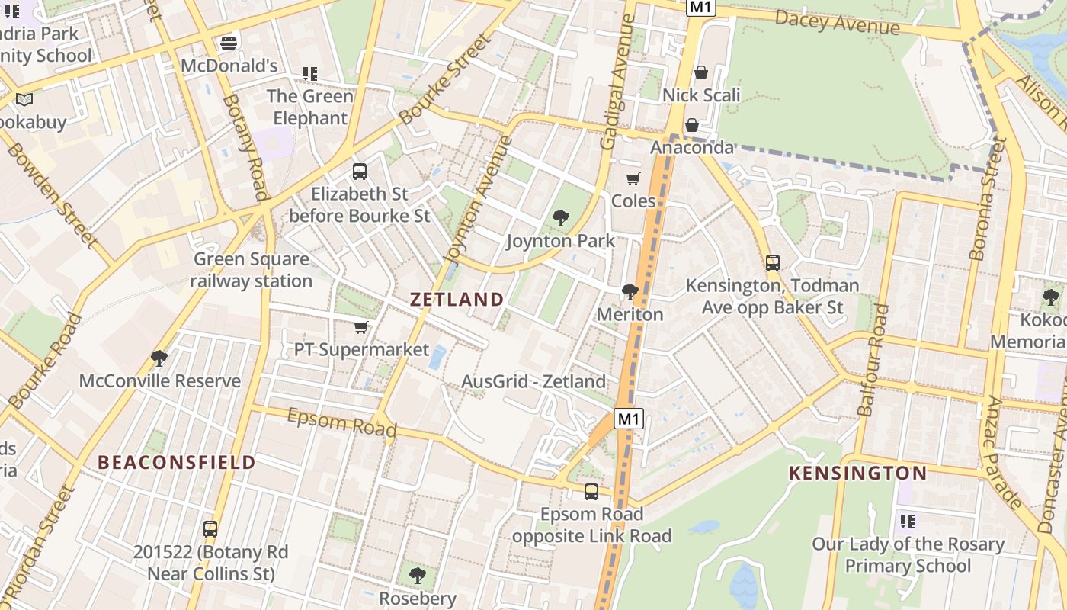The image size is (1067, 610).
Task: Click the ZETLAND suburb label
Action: [x=457, y=299]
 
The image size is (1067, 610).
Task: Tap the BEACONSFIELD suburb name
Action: [x=176, y=462]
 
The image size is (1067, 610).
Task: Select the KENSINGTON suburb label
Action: [x=857, y=473]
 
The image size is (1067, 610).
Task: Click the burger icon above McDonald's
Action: [x=228, y=43]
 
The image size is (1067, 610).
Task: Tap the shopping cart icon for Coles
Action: [x=633, y=179]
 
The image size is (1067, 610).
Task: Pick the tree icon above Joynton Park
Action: [x=561, y=219]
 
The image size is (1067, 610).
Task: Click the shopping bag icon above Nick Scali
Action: [x=701, y=72]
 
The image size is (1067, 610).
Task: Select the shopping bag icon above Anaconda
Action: [x=692, y=125]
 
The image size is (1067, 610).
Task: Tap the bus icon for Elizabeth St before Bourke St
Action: [x=360, y=172]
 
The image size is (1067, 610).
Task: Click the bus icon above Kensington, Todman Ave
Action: [x=773, y=263]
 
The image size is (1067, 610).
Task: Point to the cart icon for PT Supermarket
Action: [x=361, y=328]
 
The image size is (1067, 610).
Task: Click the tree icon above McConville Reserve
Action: [x=159, y=358]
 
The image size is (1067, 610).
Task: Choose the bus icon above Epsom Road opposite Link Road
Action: [x=591, y=492]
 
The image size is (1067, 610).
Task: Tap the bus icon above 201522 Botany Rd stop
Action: [x=210, y=528]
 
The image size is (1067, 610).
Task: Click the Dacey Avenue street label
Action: [x=837, y=23]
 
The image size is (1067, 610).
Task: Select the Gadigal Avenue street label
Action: [x=618, y=82]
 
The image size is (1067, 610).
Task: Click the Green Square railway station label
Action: [x=251, y=270]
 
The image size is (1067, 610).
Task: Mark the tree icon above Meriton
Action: [x=630, y=291]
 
